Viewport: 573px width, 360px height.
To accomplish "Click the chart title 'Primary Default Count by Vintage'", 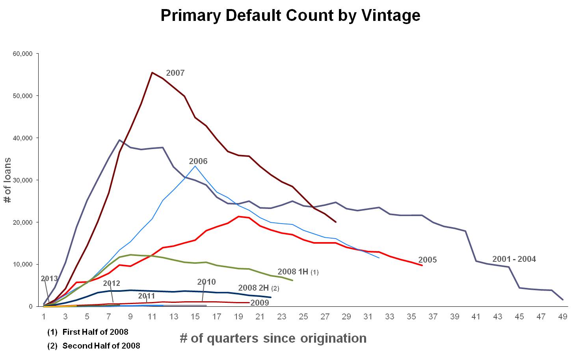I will (290, 16).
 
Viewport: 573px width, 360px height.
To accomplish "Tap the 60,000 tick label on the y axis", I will (22, 54).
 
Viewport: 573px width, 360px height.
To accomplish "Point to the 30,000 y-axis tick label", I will (22, 180).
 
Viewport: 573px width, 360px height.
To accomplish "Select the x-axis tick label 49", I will (563, 316).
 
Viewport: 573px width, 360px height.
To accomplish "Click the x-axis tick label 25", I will (303, 316).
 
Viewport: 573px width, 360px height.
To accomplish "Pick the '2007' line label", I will (175, 73).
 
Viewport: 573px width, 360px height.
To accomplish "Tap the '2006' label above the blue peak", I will (198, 161).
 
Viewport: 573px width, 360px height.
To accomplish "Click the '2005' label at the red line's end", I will (427, 260).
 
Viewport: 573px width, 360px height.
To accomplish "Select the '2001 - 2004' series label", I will (514, 259).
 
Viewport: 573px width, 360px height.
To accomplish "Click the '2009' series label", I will (260, 303).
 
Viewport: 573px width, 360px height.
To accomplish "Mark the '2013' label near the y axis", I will (49, 279).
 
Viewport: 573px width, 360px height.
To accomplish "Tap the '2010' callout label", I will (207, 282).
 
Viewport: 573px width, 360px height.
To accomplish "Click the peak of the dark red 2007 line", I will (152, 73).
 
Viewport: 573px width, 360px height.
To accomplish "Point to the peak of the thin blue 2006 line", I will (195, 166).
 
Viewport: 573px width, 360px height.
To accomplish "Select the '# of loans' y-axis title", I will (7, 180).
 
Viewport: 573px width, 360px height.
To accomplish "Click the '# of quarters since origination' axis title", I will (273, 338).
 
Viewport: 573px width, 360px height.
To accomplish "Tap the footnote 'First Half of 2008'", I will (95, 332).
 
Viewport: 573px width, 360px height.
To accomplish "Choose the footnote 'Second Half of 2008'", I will (101, 346).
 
